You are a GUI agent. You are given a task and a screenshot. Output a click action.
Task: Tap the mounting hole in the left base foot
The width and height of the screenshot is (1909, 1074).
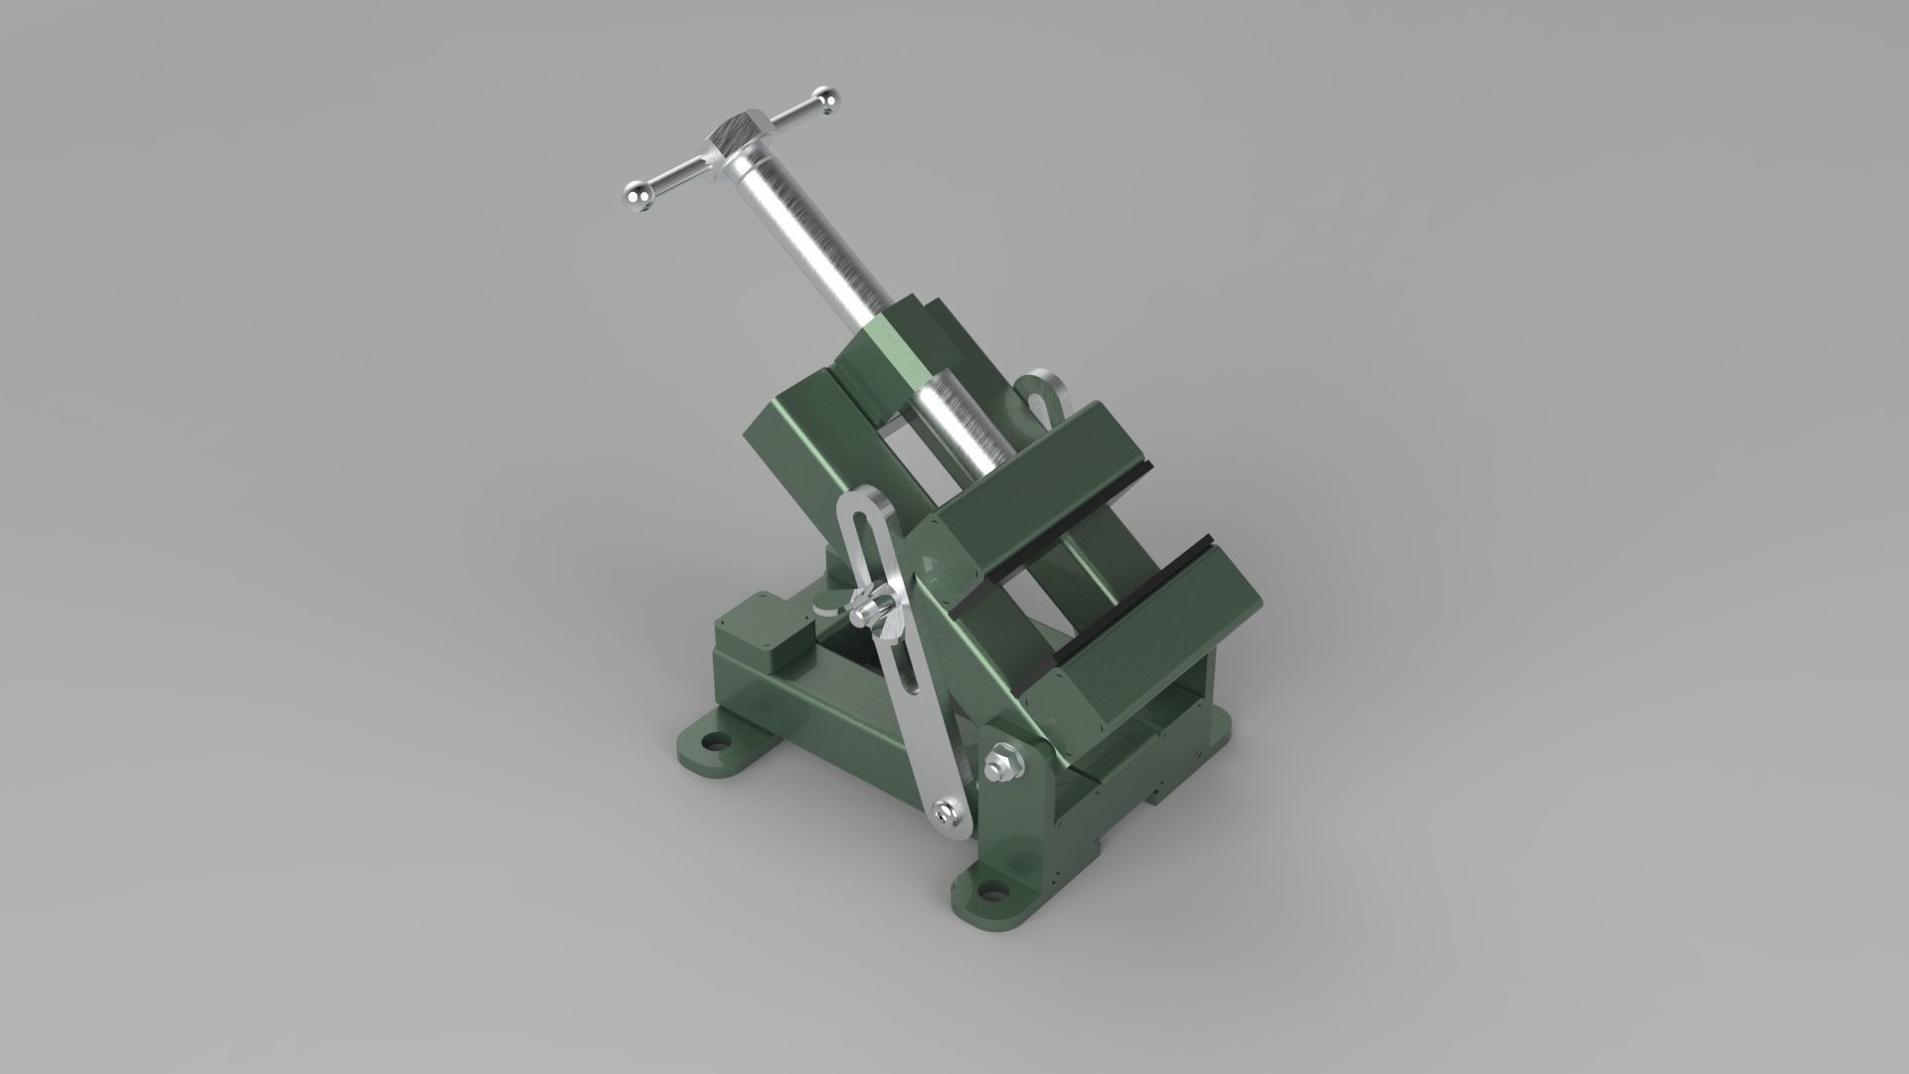[712, 741]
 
